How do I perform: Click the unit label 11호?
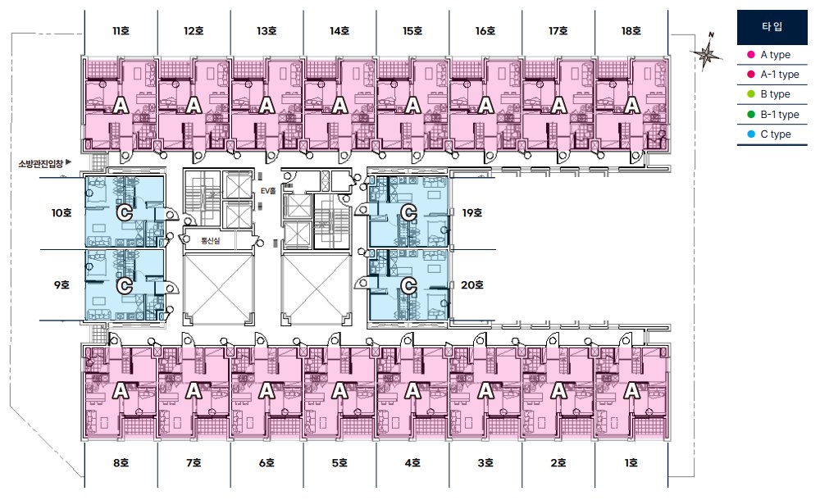(121, 31)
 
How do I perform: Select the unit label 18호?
(631, 31)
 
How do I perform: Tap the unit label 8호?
(121, 463)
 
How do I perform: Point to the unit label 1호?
(631, 463)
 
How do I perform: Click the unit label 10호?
(61, 213)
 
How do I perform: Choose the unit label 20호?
(471, 285)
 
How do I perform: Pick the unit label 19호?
(471, 213)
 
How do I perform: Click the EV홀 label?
(268, 192)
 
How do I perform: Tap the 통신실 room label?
(210, 241)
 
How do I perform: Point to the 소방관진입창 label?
(41, 164)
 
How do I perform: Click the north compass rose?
(706, 52)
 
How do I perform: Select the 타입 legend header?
(772, 27)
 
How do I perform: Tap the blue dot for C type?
(751, 134)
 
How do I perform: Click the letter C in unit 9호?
(125, 286)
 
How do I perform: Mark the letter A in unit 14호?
(339, 107)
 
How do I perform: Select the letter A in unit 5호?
(339, 391)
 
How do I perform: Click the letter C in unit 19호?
(408, 213)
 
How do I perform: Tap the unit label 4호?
(412, 463)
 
